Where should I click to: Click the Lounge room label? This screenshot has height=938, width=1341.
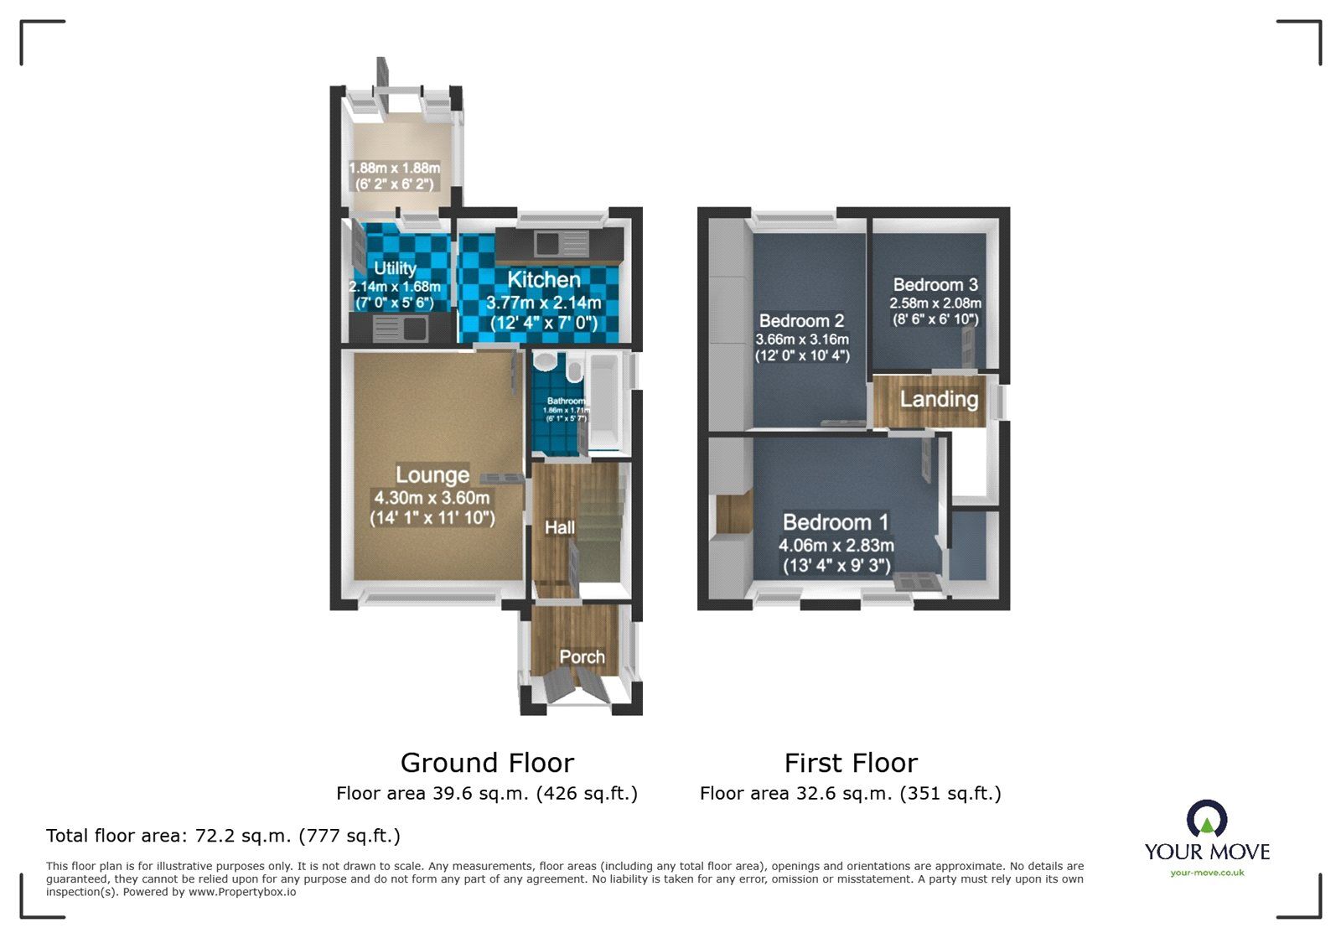coord(432,475)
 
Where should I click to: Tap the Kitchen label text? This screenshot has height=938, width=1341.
coord(543,280)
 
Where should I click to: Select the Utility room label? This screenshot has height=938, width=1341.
coord(395,268)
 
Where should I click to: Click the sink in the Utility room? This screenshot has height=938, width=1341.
coord(401,328)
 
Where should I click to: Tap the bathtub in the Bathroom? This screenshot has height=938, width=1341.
coord(603,403)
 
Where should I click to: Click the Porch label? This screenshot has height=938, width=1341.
coord(582,657)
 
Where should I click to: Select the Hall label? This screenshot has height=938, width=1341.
coord(559,527)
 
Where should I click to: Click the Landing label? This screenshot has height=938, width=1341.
coord(939,400)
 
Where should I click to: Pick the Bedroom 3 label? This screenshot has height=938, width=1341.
coord(935,285)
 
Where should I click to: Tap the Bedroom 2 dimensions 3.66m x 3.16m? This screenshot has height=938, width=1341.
coord(802,339)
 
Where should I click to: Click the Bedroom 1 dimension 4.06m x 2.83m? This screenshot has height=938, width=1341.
coord(836,546)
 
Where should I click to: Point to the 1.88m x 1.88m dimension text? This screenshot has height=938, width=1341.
coord(394,168)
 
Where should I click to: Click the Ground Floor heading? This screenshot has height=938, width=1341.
coord(487,763)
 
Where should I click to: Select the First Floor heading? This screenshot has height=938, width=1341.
coord(851,763)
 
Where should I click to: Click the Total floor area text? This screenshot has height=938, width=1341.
coord(223,836)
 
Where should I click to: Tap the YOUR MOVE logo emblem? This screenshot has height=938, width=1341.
coord(1207,819)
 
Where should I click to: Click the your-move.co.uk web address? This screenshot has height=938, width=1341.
coord(1207,873)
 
